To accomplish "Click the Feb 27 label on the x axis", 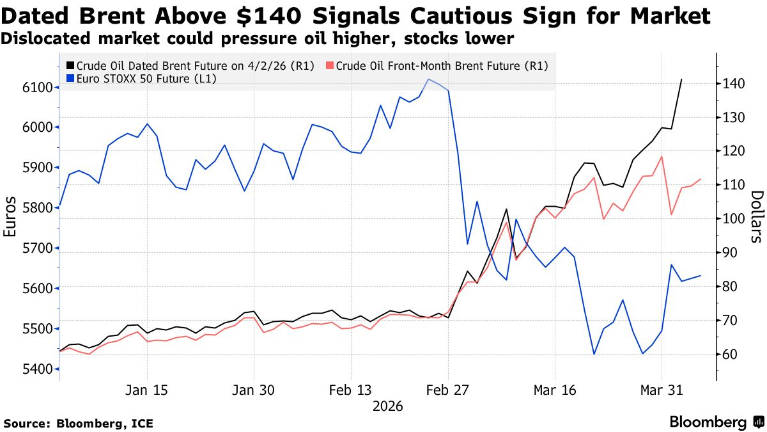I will [448, 391].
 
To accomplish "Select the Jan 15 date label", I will [148, 391].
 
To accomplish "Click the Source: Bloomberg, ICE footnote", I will [79, 423].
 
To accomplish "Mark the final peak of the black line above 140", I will [681, 79].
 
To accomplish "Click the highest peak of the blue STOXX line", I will [428, 79].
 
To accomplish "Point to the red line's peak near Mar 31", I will [662, 156].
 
